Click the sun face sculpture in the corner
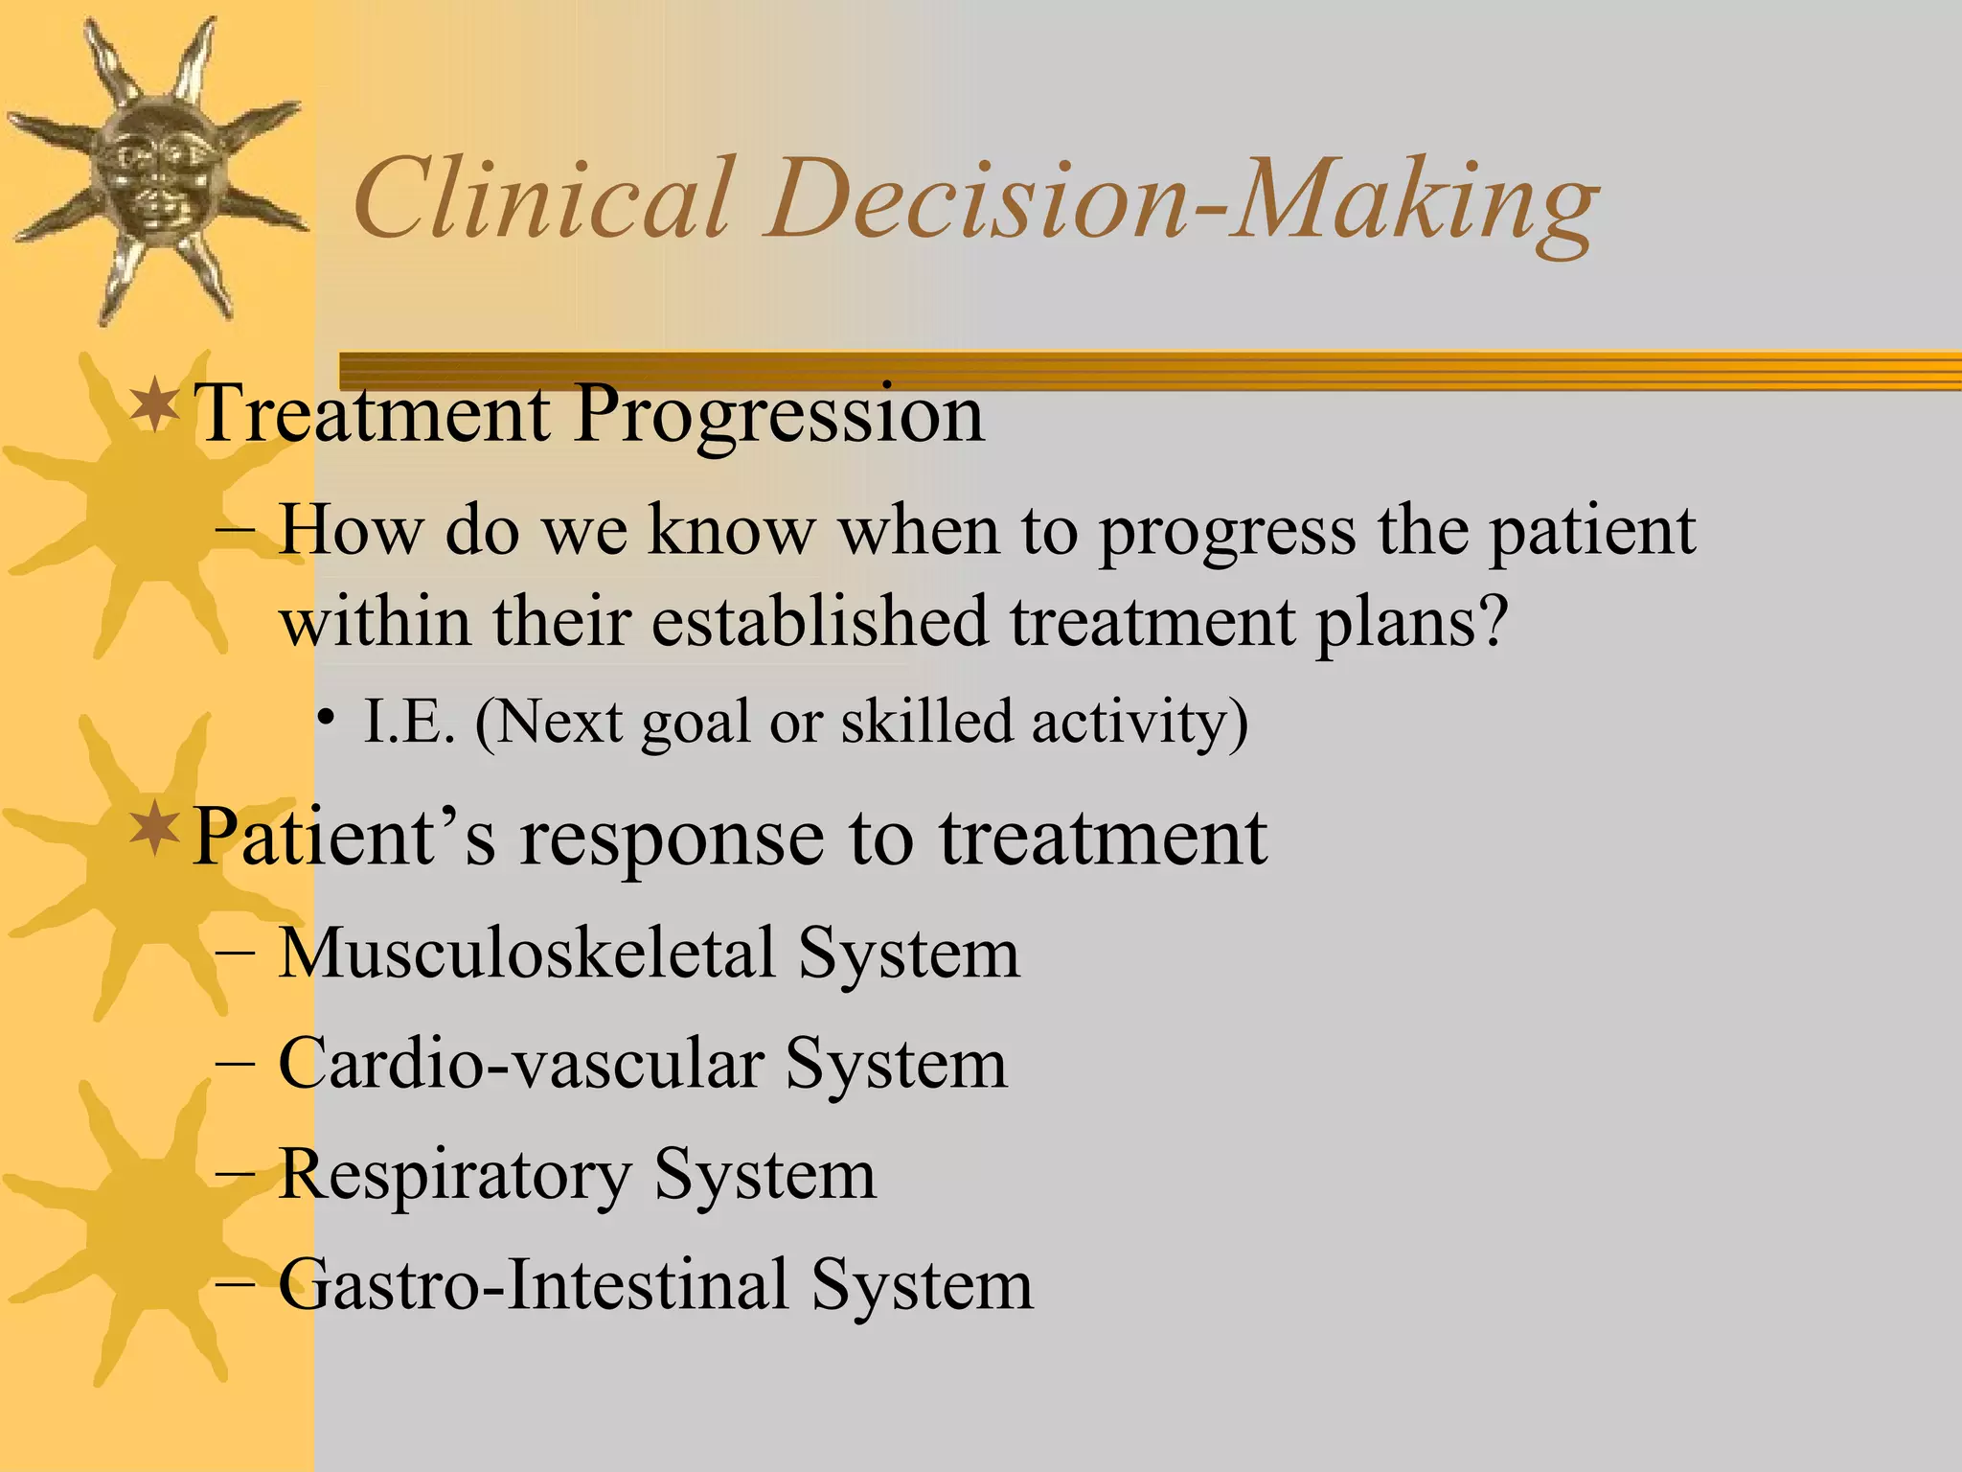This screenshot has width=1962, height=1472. [153, 168]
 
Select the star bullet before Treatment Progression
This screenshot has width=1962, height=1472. [154, 406]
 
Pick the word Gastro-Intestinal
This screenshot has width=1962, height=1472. [533, 1285]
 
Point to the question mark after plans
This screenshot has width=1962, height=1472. [1493, 621]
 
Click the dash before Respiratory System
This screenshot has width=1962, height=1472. [236, 1175]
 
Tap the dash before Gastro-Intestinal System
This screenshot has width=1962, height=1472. [236, 1284]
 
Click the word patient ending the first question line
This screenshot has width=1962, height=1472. [1590, 533]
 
